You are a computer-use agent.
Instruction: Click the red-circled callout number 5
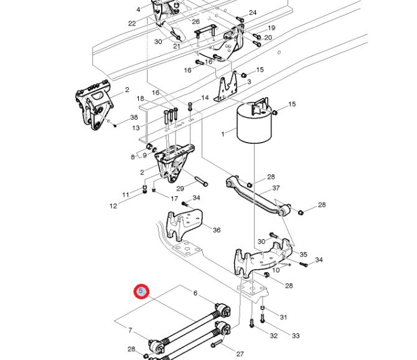141,291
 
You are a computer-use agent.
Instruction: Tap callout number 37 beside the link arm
276,188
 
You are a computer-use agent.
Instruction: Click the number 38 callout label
134,118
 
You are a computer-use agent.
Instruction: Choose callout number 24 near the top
253,12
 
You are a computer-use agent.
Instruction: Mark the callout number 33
295,336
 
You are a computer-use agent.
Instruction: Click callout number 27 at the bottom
240,354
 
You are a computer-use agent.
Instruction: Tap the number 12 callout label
113,206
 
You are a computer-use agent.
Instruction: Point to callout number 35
303,254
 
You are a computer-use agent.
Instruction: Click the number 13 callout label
136,128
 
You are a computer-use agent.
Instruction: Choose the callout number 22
132,23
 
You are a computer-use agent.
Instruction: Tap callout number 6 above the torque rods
195,293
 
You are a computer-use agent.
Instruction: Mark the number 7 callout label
130,329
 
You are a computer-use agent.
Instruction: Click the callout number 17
174,199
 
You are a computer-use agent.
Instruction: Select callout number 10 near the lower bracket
276,269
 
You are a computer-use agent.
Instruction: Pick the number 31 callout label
283,317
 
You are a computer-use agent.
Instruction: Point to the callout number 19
271,28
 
